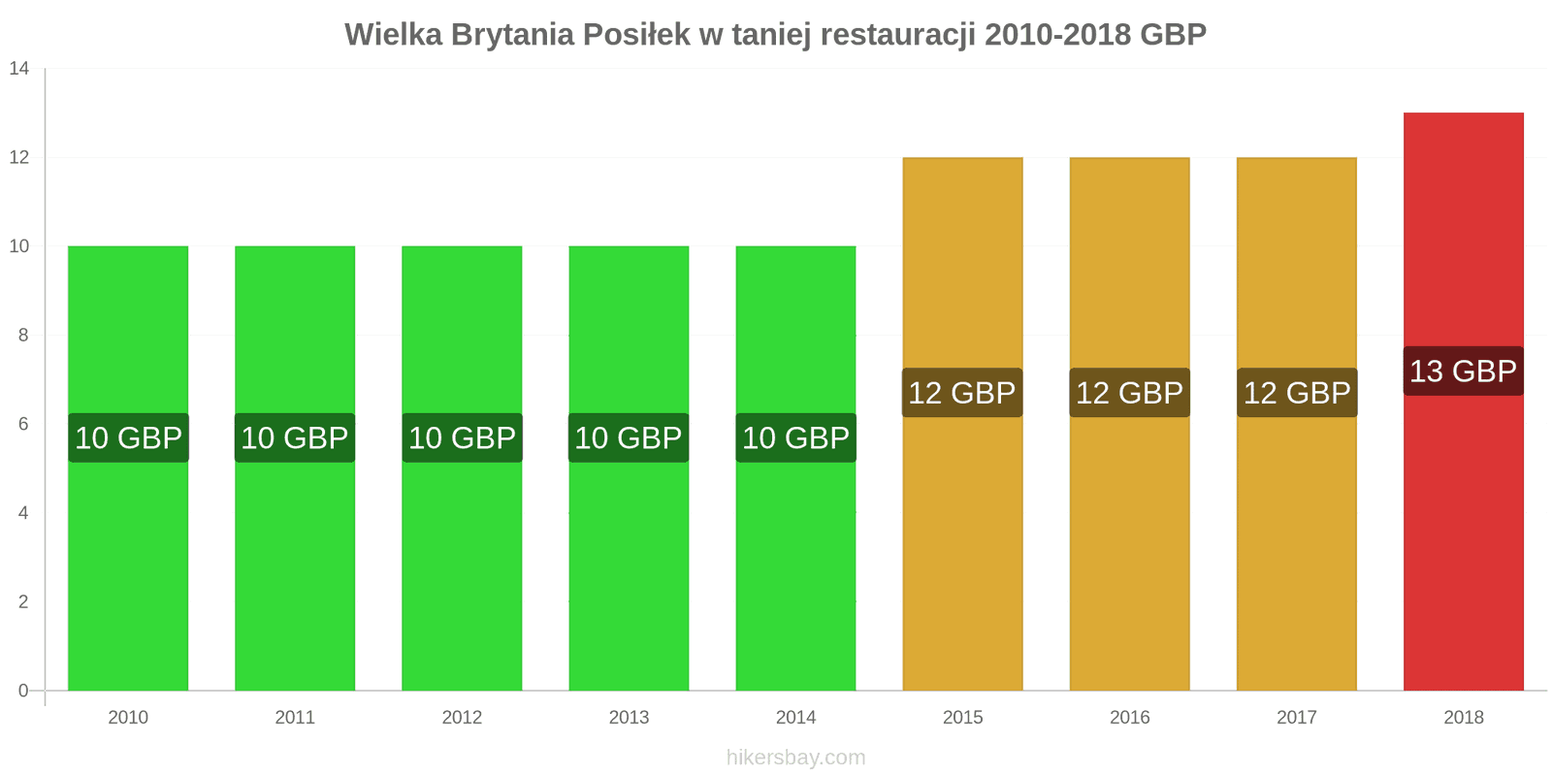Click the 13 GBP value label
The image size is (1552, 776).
tap(1463, 371)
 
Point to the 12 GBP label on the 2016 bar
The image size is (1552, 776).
tap(1129, 393)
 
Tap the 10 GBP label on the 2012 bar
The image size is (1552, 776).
tap(462, 437)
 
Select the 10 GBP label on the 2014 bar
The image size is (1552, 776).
tap(795, 437)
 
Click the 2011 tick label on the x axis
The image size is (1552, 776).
tap(295, 718)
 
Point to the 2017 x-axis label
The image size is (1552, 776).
tap(1296, 718)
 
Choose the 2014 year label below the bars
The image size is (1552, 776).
tap(795, 718)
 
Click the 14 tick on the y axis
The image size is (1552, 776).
tap(19, 69)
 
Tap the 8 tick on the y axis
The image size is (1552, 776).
tap(23, 336)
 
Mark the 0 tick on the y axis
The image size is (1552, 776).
tap(23, 691)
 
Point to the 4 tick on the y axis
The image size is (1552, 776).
tap(23, 513)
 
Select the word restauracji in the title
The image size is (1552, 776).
tap(896, 35)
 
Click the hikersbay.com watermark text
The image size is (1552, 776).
tap(795, 758)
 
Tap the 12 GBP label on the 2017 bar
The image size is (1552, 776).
tap(1296, 393)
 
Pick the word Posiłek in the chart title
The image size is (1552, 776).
tap(635, 35)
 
